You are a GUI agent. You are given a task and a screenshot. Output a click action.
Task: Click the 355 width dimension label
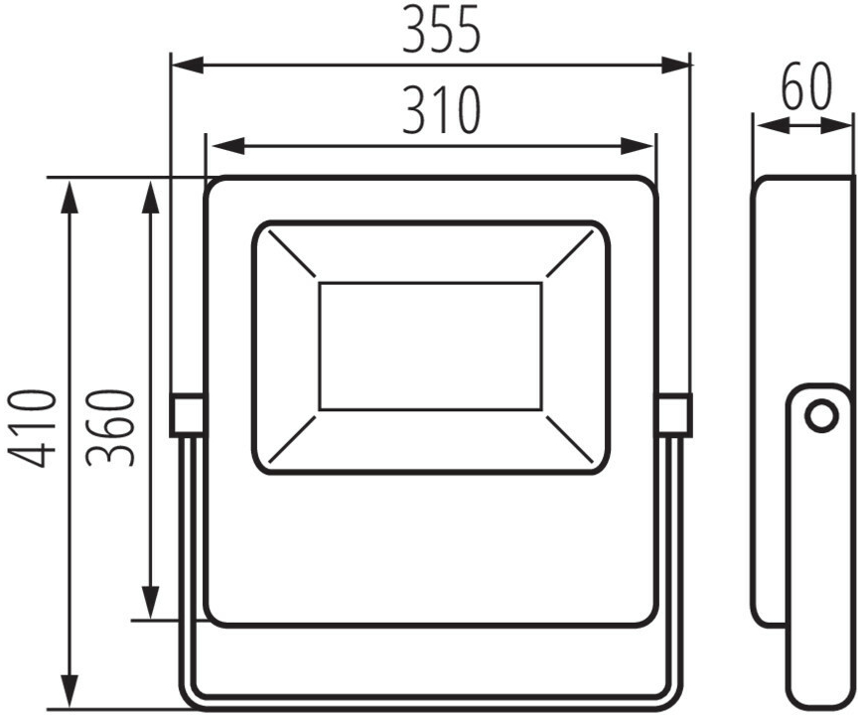441,30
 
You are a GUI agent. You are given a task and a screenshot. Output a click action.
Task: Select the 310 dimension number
441,110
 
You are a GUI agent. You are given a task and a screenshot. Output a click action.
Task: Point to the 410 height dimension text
30,428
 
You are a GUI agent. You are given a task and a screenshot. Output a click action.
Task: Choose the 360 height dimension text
108,428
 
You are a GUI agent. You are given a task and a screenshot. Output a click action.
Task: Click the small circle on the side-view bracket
821,416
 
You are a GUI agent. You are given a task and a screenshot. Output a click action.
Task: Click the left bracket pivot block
188,415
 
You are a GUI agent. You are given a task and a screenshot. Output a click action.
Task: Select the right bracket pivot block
673,415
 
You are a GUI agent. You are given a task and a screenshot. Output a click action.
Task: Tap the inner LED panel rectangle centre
430,347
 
